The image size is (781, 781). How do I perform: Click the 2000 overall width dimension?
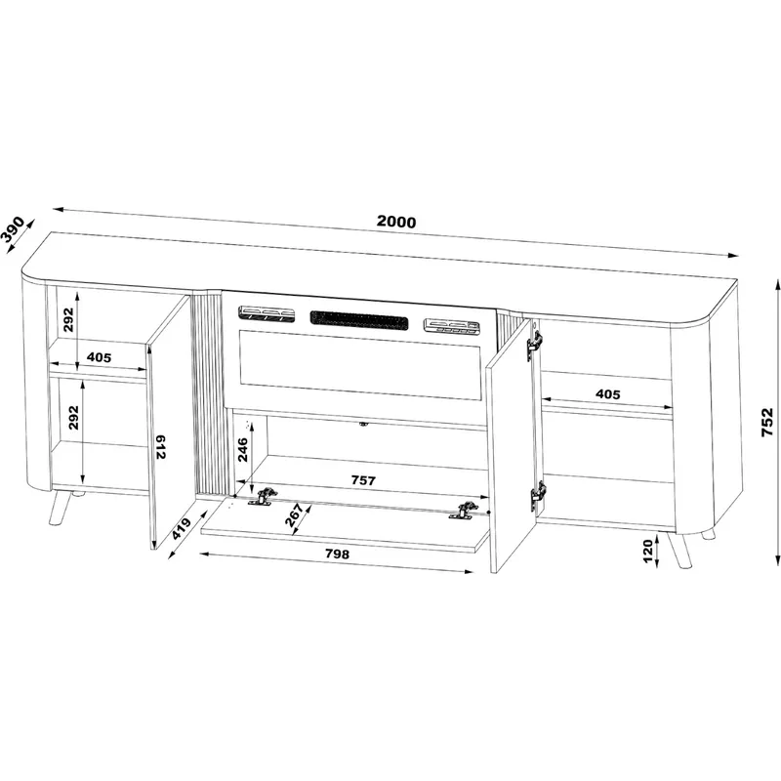[x=396, y=222]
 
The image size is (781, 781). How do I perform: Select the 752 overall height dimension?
[x=767, y=422]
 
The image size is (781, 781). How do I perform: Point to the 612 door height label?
[x=160, y=447]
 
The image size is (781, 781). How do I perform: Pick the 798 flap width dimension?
[x=337, y=554]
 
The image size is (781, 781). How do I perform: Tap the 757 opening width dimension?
[x=363, y=480]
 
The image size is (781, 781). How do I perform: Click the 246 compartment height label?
[x=242, y=450]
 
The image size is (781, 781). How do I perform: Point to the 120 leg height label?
[x=648, y=551]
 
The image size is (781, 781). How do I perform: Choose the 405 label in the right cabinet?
[x=608, y=394]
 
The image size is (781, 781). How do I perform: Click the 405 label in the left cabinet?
[x=100, y=357]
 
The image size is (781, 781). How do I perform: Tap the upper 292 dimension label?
[x=68, y=319]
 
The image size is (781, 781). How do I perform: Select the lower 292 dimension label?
[x=73, y=418]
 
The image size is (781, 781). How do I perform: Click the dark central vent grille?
[x=359, y=319]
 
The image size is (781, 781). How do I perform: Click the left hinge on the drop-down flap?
[x=263, y=497]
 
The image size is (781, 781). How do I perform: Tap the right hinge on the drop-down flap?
[x=464, y=510]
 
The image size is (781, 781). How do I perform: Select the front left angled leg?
[x=59, y=509]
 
